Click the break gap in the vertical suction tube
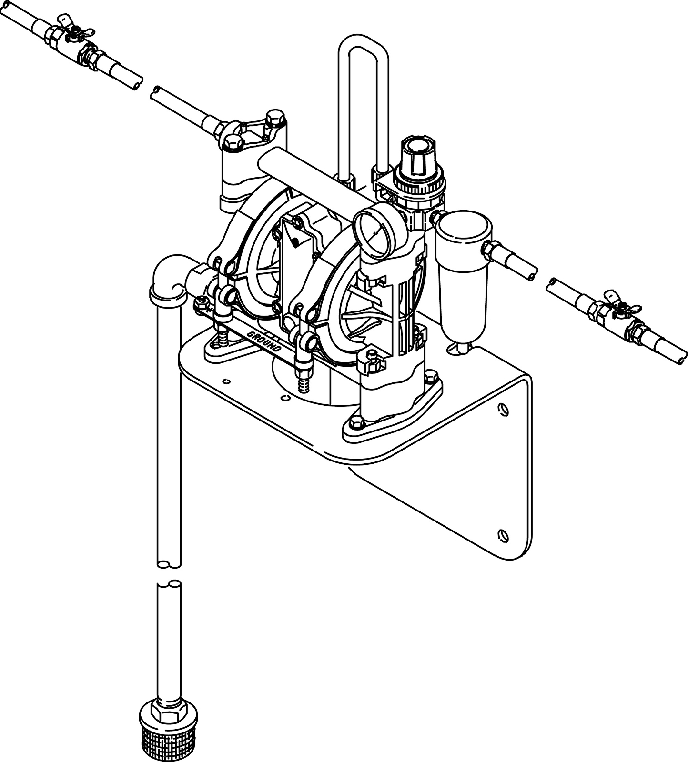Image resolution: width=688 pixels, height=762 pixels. (169, 574)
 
